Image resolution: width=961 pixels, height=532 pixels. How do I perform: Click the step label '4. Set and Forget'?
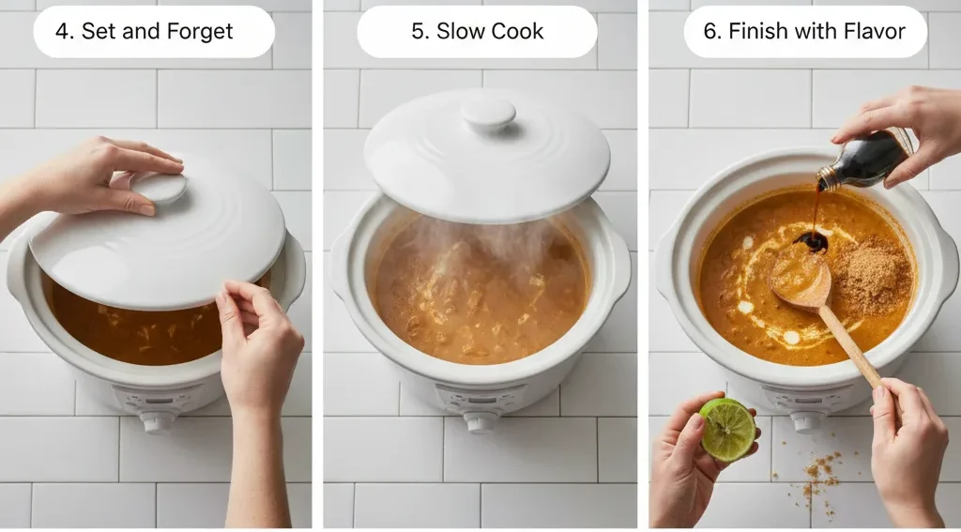click(x=144, y=31)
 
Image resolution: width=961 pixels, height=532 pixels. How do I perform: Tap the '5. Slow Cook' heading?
click(x=477, y=31)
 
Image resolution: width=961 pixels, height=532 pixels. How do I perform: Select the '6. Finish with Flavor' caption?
click(x=804, y=31)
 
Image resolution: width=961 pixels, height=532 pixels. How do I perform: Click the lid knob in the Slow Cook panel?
click(x=488, y=114)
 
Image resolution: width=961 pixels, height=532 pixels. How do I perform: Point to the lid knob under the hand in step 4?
click(x=160, y=189)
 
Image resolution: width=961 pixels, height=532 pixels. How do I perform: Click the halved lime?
click(x=727, y=429)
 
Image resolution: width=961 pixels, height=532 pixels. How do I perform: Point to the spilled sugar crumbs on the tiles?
click(x=818, y=474)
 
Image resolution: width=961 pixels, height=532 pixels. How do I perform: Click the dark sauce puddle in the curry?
click(x=811, y=241)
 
